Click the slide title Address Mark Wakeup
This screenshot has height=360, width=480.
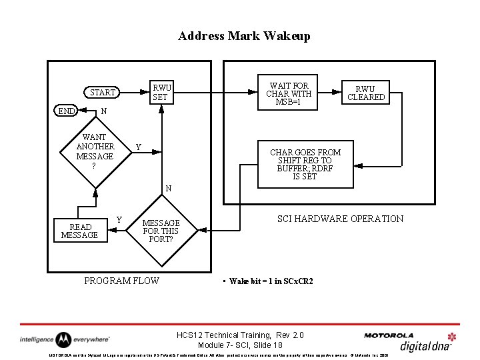[x=244, y=36]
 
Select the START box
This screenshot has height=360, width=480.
[x=103, y=93]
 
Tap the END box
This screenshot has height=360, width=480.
[x=66, y=111]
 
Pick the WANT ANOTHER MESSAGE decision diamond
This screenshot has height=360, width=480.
[x=95, y=151]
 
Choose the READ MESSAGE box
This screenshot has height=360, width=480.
[x=79, y=231]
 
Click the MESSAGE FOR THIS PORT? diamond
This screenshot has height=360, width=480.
[x=161, y=231]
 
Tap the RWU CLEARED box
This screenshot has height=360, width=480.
[x=365, y=93]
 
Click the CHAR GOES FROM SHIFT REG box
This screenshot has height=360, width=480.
[x=305, y=165]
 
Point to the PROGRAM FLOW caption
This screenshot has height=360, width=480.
[x=121, y=281]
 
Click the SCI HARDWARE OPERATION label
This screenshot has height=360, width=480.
[x=340, y=219]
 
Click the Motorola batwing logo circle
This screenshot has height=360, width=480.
[x=63, y=339]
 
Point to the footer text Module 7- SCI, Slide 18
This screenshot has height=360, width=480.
[x=240, y=345]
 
